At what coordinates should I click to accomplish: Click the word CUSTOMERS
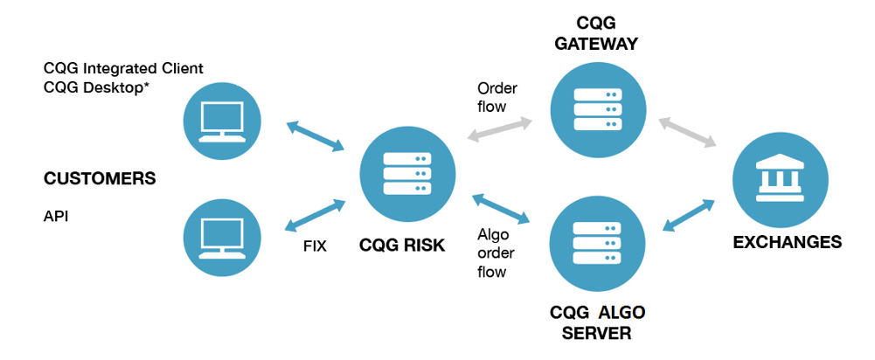100,179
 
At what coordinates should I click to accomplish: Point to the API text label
56,215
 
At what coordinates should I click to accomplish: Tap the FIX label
315,246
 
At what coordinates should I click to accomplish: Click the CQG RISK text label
402,246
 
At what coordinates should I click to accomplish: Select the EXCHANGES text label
787,242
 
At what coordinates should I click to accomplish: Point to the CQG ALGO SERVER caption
598,322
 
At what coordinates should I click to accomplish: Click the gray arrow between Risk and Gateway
501,128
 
